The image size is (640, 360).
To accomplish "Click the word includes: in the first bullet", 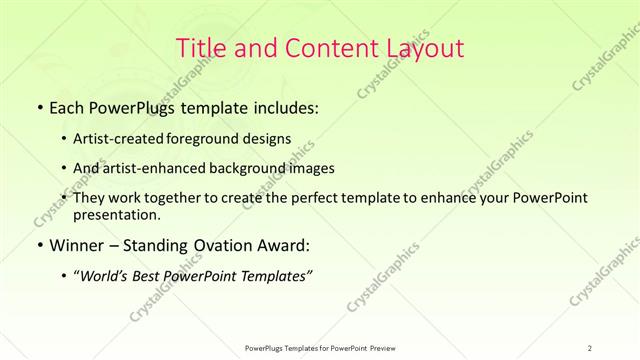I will pyautogui.click(x=283, y=105).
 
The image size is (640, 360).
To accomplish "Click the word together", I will pyautogui.click(x=177, y=198).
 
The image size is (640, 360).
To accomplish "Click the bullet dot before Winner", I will pyautogui.click(x=38, y=245).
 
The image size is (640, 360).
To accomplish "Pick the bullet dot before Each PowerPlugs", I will pyautogui.click(x=38, y=105).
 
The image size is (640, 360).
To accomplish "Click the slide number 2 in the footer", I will pyautogui.click(x=590, y=348).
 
